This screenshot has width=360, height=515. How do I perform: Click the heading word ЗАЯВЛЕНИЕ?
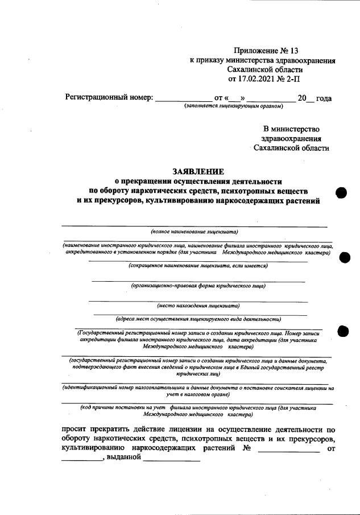(x=198, y=171)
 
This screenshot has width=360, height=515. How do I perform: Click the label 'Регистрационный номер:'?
(x=109, y=98)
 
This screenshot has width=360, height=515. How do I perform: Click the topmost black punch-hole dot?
(x=341, y=193)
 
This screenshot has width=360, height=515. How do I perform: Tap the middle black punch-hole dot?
(x=345, y=258)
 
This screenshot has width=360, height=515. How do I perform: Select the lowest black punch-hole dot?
(x=344, y=331)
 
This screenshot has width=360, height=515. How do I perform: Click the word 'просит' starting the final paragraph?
(x=76, y=430)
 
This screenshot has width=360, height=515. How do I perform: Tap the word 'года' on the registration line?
(x=324, y=98)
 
